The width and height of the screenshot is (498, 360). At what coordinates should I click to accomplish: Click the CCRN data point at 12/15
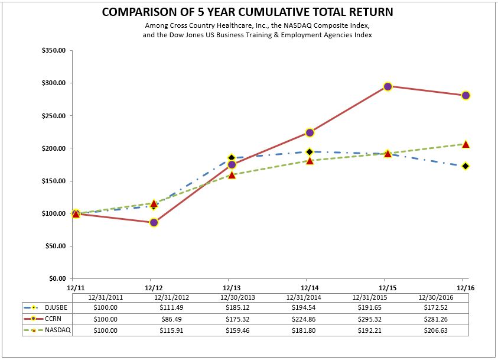click(x=388, y=86)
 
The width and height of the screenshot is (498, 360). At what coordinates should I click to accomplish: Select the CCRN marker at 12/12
click(x=154, y=222)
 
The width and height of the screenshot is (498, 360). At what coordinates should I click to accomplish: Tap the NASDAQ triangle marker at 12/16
click(x=466, y=144)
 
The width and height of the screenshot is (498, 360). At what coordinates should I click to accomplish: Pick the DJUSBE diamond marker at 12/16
click(x=466, y=166)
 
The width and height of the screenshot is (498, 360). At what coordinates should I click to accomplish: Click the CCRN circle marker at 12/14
click(x=310, y=132)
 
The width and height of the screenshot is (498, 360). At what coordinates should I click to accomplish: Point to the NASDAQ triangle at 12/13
click(x=232, y=175)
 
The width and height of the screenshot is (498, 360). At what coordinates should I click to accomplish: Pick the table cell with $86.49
click(x=171, y=319)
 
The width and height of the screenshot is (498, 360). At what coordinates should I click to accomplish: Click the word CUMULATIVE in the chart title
click(x=274, y=12)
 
